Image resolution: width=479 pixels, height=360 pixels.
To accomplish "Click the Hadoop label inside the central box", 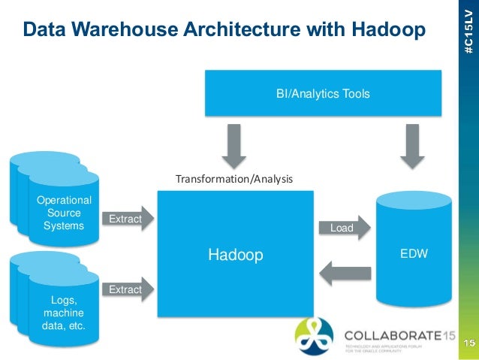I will [x=236, y=256].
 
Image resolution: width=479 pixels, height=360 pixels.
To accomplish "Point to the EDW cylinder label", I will [x=413, y=254].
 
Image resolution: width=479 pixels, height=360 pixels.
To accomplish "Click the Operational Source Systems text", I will [x=65, y=213].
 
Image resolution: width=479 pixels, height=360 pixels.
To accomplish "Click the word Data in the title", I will [x=42, y=29].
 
